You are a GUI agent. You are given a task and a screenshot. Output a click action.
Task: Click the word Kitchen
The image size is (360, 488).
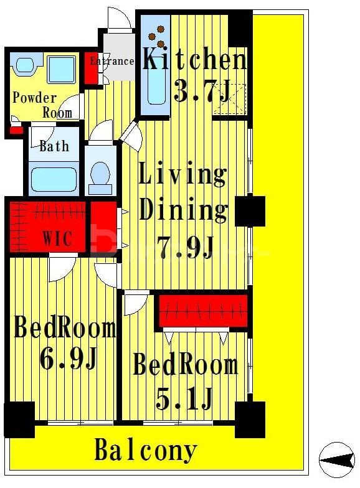[x=194, y=59]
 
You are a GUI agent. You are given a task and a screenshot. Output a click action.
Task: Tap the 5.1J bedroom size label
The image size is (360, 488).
[x=184, y=398]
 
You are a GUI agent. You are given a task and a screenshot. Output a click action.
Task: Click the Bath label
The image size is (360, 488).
[x=54, y=146]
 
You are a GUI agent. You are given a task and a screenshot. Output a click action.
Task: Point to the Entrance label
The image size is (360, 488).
[x=112, y=61]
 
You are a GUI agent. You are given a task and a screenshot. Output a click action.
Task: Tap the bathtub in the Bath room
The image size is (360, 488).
[x=54, y=179]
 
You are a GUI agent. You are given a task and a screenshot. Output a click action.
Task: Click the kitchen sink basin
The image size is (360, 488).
[x=156, y=85]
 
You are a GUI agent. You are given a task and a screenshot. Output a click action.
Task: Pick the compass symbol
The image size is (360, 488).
[x=338, y=459]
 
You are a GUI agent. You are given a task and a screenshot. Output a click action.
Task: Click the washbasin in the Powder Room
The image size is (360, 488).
[x=24, y=66]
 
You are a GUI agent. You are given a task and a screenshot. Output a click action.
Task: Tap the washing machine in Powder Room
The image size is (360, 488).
[x=62, y=69]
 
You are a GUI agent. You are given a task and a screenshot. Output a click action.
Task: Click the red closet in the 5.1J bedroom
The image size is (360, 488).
[x=203, y=311]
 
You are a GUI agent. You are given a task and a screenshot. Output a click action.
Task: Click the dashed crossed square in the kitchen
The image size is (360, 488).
[x=230, y=98]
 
